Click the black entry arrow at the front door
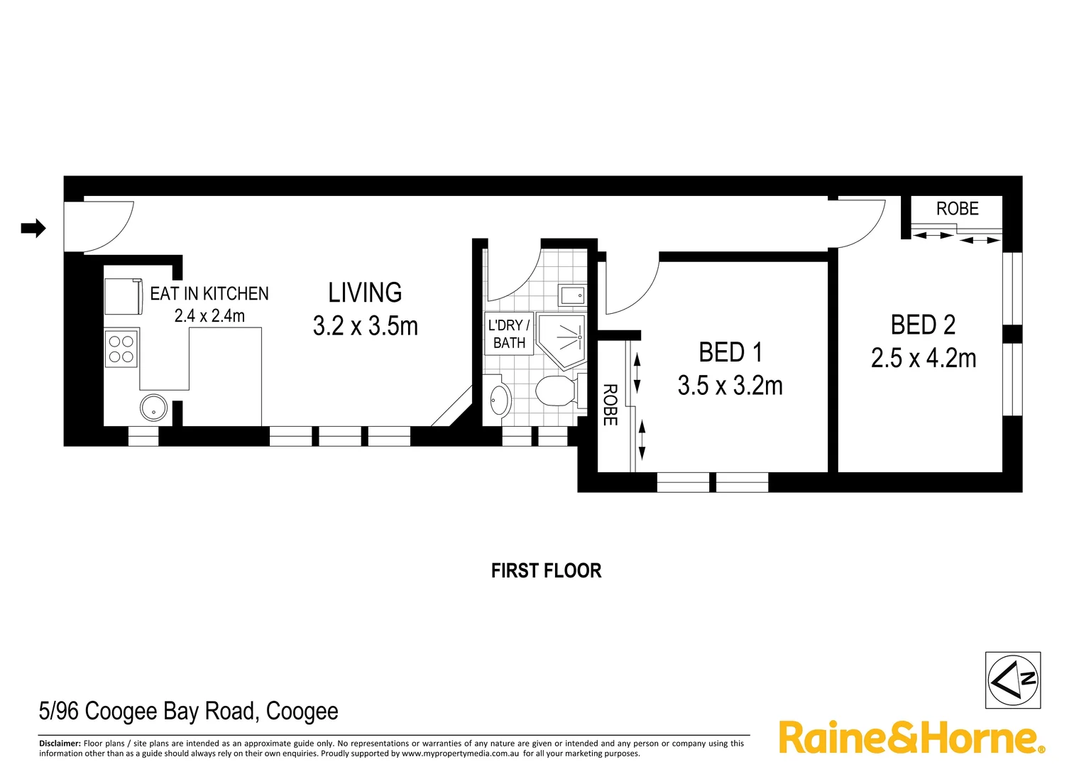(x=33, y=228)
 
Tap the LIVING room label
(x=365, y=293)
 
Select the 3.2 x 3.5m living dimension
(x=365, y=326)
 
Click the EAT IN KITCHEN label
(x=209, y=293)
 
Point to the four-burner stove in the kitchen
(x=121, y=349)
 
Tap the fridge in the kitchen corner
(x=124, y=296)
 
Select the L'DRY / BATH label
(x=509, y=334)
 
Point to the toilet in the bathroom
(x=557, y=391)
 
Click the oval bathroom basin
(x=500, y=400)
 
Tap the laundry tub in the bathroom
(x=572, y=295)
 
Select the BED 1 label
(x=730, y=352)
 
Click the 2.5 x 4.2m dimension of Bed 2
(x=924, y=358)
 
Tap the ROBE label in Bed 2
(x=957, y=209)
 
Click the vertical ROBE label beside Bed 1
(x=610, y=405)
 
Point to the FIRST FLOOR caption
(x=546, y=571)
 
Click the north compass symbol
(x=1013, y=680)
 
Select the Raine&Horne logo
(x=911, y=738)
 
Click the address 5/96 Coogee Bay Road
(x=188, y=711)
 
